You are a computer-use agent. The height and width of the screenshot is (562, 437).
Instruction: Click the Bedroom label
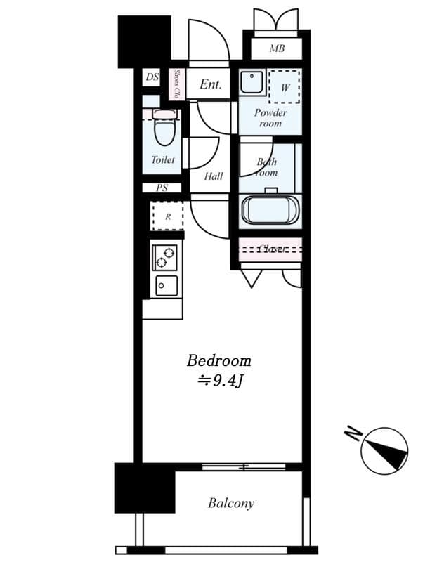click(218, 361)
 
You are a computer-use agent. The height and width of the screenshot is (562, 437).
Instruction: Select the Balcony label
click(230, 503)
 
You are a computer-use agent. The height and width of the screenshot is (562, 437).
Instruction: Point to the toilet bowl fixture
click(163, 129)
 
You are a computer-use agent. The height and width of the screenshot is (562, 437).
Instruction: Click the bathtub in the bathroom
click(270, 210)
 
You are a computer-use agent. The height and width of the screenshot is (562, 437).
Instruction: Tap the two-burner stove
click(166, 257)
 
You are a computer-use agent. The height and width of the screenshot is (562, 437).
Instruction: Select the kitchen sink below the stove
click(167, 286)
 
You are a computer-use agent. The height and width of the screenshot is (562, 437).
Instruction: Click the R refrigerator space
click(167, 216)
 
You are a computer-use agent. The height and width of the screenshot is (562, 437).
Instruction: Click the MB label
click(277, 49)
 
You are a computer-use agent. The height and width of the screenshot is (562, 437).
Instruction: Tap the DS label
click(152, 78)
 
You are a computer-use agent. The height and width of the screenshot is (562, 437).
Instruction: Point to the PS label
click(162, 188)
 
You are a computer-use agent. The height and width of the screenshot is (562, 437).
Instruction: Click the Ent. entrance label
click(210, 84)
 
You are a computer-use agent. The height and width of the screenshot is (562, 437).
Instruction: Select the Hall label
click(214, 176)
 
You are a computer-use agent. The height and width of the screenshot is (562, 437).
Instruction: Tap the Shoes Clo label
click(177, 85)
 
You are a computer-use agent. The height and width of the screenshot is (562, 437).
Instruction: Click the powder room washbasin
click(250, 84)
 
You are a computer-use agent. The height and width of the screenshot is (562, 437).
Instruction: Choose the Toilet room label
click(163, 160)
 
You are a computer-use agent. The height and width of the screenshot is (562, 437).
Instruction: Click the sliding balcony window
click(244, 466)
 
